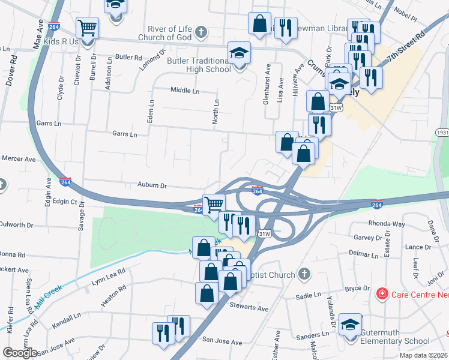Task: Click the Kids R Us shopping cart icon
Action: [87, 28]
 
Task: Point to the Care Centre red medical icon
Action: [381, 293]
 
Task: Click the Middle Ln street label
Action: [185, 91]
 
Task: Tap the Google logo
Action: [20, 353]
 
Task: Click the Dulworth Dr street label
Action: [17, 225]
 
